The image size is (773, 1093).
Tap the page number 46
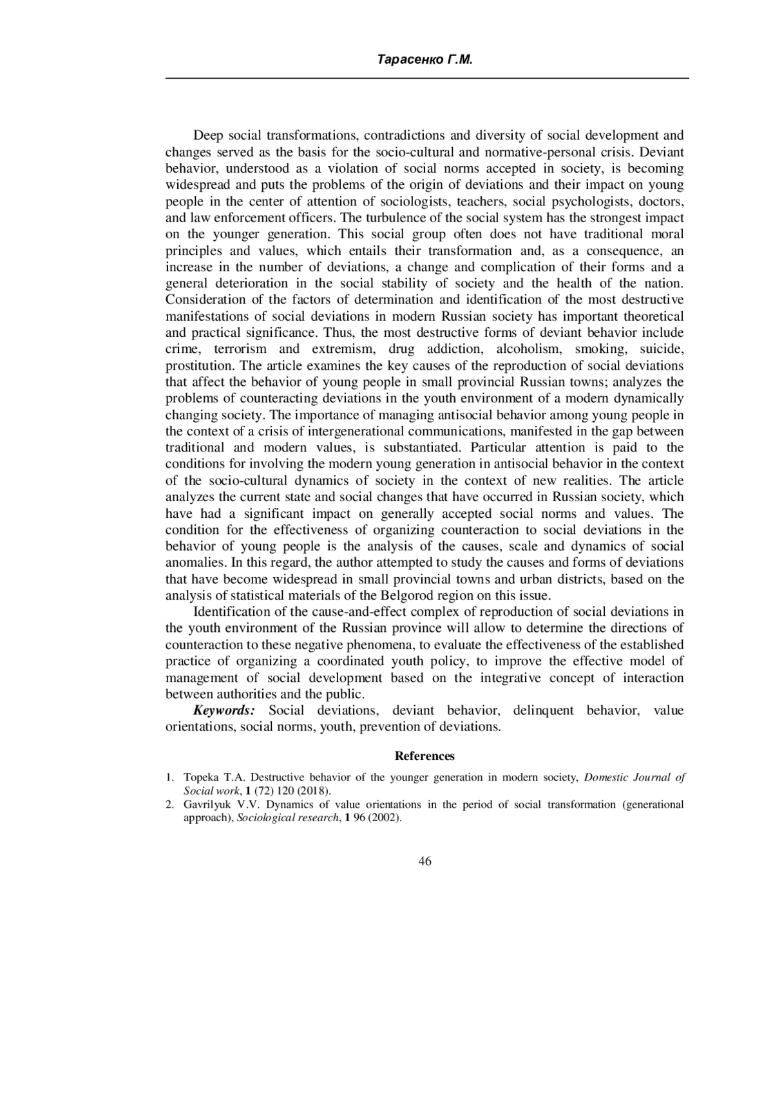click(425, 862)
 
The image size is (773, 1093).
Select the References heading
click(425, 756)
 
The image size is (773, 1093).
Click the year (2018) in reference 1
click(313, 791)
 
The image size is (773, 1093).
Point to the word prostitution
click(196, 366)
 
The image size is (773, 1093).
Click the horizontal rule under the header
click(427, 79)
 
